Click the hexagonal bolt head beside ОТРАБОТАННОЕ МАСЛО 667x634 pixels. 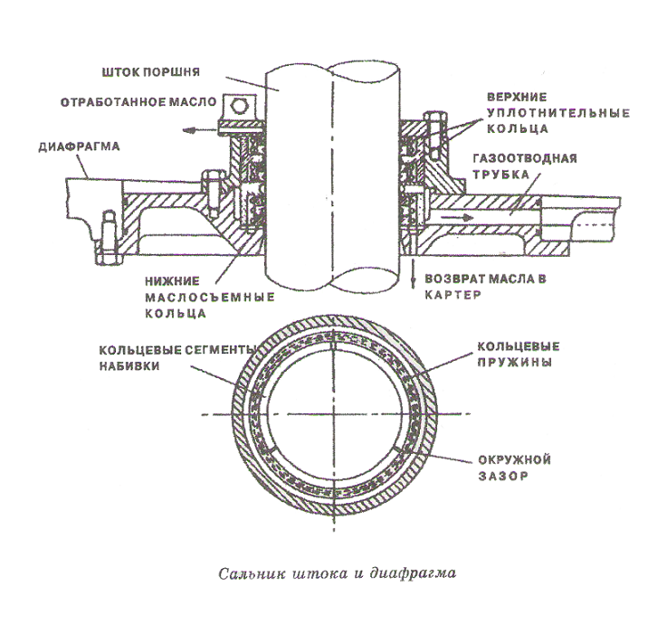click(239, 108)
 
